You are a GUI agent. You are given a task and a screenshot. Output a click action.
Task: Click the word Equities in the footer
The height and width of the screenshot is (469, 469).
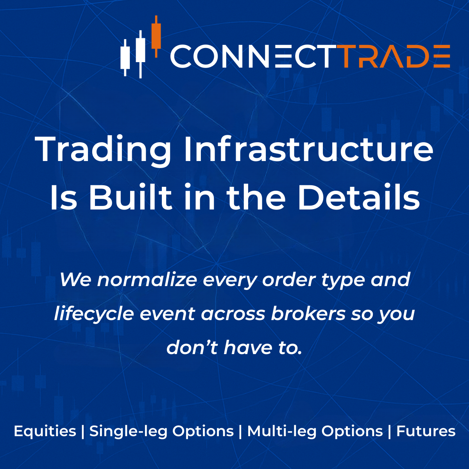pos(45,431)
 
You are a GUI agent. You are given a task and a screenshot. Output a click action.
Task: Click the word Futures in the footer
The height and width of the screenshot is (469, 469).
pos(426,431)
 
